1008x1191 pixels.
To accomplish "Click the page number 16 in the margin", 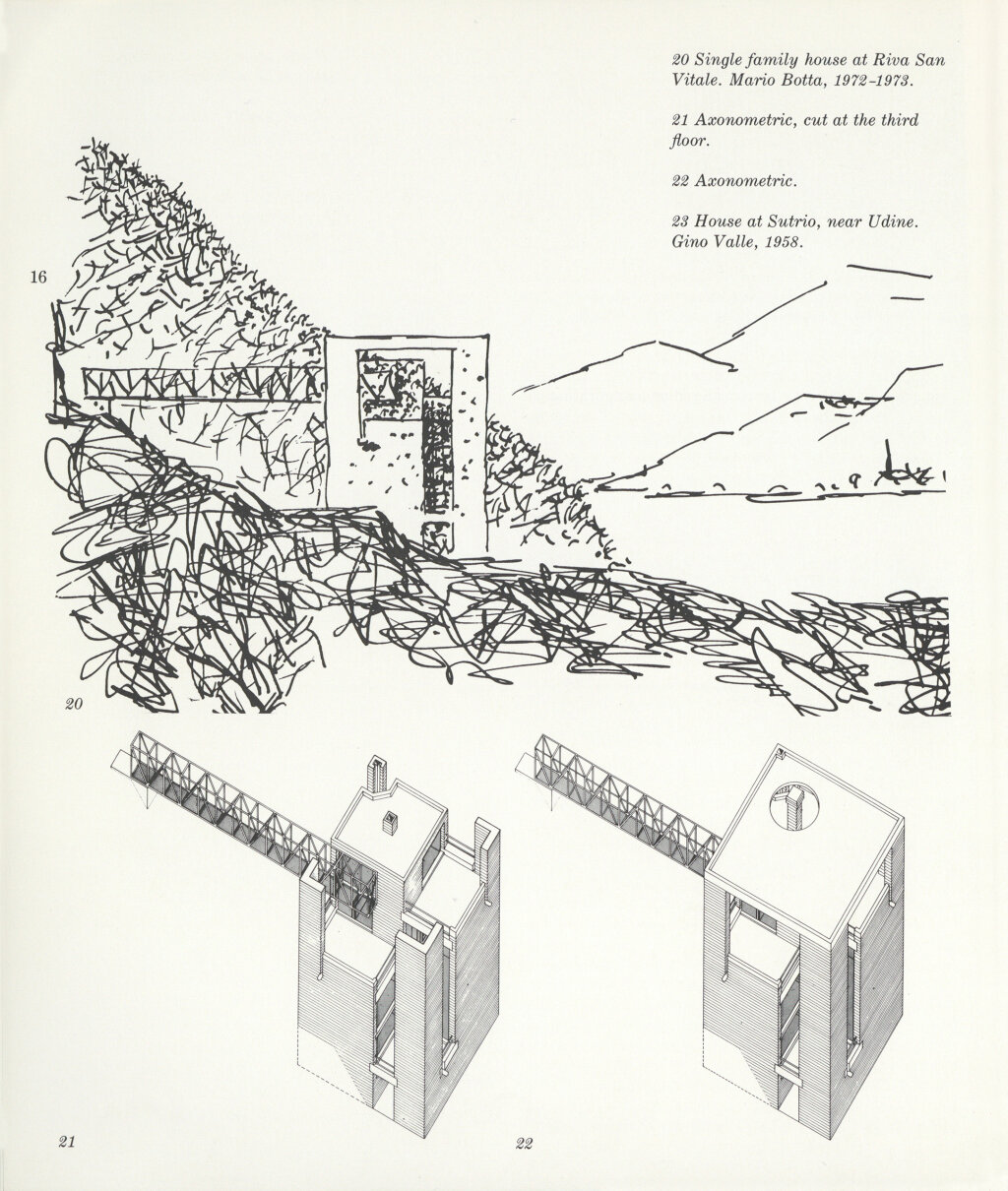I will [38, 278].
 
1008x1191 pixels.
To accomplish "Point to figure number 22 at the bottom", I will [523, 1143].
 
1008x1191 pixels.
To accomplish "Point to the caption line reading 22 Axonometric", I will [732, 181].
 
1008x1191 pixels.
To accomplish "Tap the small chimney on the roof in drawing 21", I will [389, 819].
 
